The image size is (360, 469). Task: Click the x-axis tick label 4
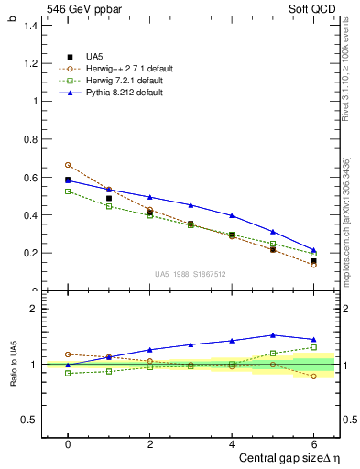click(232, 443)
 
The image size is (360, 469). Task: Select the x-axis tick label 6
click(313, 443)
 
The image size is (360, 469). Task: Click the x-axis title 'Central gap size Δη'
click(289, 457)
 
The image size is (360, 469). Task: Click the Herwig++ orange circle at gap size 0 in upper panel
click(68, 165)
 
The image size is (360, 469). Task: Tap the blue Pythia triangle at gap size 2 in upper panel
click(149, 197)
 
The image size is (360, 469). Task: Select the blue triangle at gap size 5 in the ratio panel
click(272, 335)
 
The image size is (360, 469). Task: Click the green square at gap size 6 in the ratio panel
click(313, 347)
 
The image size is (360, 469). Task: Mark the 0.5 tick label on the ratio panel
click(29, 420)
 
